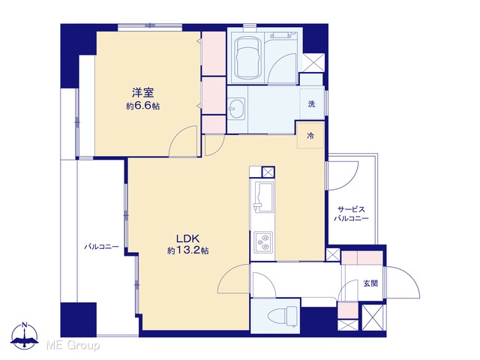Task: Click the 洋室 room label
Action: click(x=142, y=92)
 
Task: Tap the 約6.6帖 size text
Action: click(x=142, y=106)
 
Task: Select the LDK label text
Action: click(x=187, y=238)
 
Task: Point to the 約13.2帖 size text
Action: click(x=187, y=250)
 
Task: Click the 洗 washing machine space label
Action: click(x=311, y=103)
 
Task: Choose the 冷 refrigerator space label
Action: click(x=310, y=135)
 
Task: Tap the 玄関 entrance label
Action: click(x=370, y=283)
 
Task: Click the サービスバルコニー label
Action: click(x=351, y=214)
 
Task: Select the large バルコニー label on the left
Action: click(x=102, y=247)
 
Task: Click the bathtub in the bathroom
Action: click(x=247, y=58)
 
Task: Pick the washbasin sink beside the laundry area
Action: click(x=237, y=108)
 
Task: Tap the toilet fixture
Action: click(x=282, y=315)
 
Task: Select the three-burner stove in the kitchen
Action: click(x=263, y=241)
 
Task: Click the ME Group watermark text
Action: click(x=73, y=346)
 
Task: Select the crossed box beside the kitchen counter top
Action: click(x=268, y=172)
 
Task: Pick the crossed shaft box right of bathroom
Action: click(x=313, y=63)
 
